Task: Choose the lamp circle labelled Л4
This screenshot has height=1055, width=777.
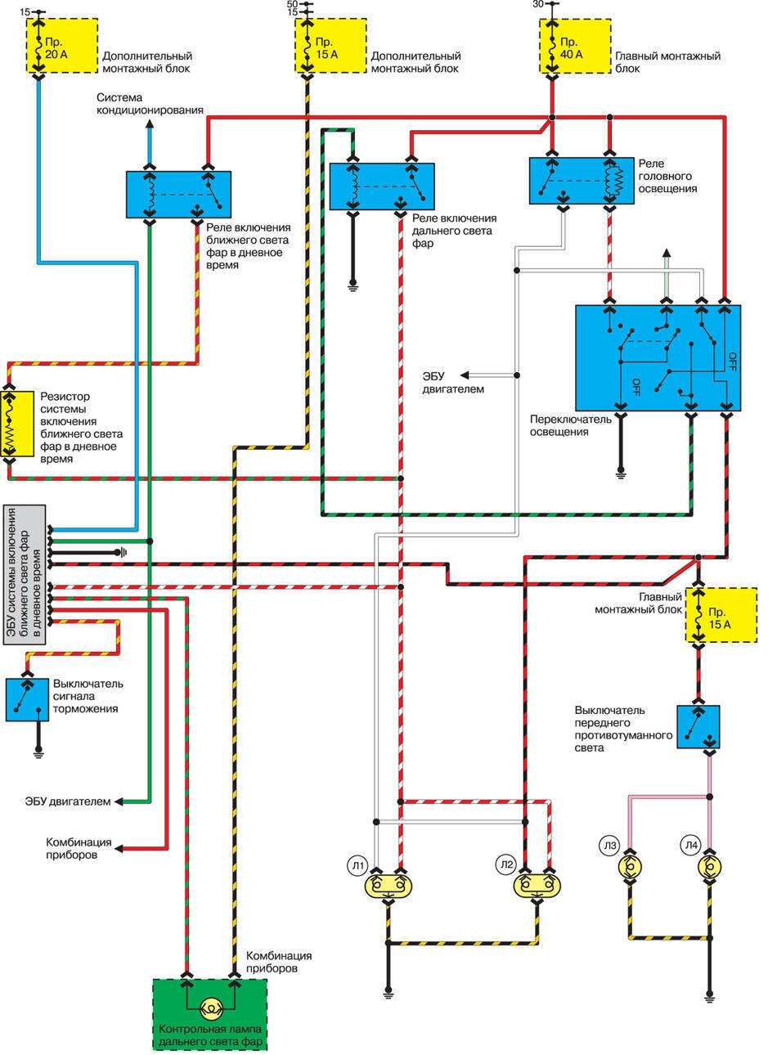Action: tap(692, 848)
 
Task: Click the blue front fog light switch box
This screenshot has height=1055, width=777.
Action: tap(698, 726)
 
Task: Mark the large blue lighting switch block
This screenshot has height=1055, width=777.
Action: tap(658, 358)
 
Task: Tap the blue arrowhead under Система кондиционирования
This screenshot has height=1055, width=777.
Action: tap(150, 125)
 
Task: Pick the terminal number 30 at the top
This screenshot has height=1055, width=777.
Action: tap(537, 4)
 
